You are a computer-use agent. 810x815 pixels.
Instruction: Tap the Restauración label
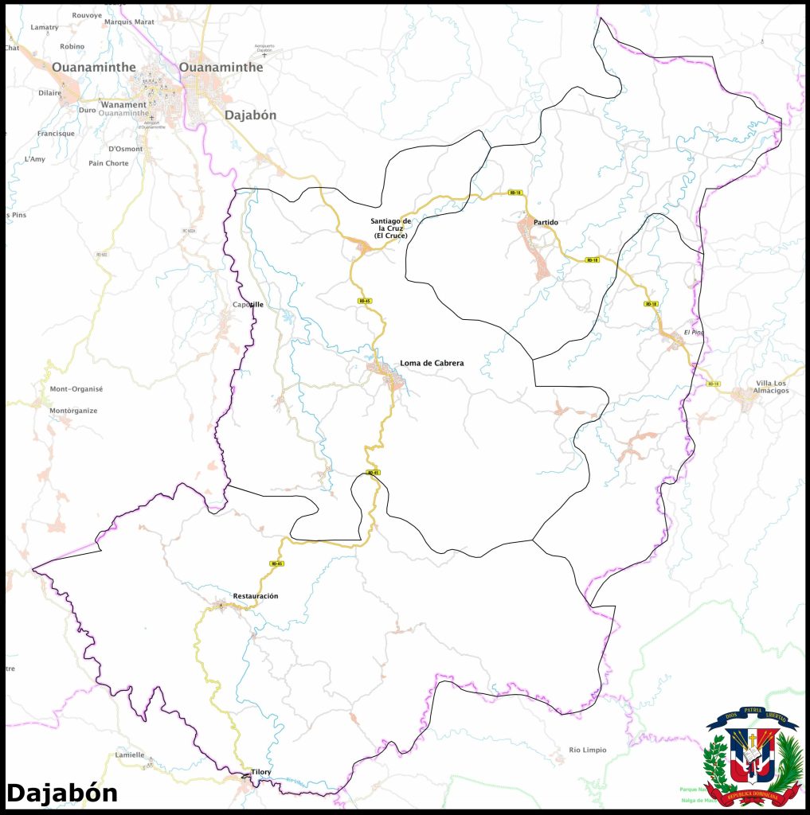click(255, 596)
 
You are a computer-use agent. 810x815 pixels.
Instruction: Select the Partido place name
click(546, 222)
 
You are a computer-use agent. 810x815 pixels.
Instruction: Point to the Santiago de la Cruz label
click(390, 228)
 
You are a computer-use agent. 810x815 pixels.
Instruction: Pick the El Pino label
click(694, 332)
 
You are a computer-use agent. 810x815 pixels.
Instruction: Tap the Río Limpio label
click(587, 750)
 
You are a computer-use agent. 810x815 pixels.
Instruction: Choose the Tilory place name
click(260, 772)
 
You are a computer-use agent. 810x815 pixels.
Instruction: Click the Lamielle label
click(130, 755)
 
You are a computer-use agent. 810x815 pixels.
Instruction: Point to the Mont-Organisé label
click(76, 389)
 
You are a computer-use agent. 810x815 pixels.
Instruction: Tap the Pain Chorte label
click(108, 163)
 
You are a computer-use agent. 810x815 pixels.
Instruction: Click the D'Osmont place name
click(125, 149)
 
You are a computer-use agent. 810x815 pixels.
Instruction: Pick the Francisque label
click(56, 134)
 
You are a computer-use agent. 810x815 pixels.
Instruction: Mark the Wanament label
click(123, 104)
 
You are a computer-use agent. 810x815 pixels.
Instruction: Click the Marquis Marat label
click(129, 22)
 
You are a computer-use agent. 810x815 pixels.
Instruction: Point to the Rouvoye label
click(87, 15)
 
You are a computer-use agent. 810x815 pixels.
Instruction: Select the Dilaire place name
click(49, 92)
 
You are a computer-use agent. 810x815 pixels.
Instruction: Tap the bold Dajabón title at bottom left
click(62, 793)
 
